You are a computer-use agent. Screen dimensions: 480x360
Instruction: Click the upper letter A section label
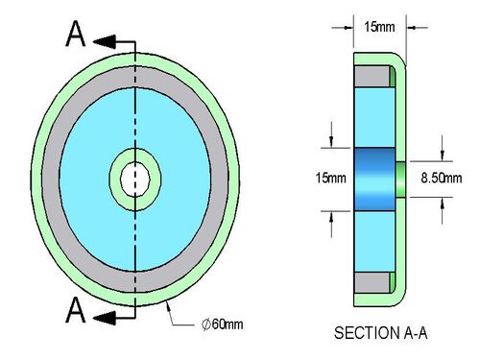tap(76, 34)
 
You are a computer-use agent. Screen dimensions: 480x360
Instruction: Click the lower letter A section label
tap(76, 309)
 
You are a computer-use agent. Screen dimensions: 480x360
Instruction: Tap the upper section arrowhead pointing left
tap(105, 42)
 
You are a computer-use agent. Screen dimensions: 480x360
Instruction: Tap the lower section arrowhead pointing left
tap(105, 318)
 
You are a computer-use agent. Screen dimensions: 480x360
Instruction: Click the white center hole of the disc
tap(135, 180)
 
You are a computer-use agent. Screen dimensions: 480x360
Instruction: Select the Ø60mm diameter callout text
tap(223, 324)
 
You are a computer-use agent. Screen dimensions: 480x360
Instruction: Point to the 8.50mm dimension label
tap(442, 178)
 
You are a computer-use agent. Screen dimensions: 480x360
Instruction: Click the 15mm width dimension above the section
tap(379, 27)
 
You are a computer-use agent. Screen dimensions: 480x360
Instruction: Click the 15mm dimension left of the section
tap(331, 178)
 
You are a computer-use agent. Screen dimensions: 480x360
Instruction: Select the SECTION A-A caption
tap(381, 333)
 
